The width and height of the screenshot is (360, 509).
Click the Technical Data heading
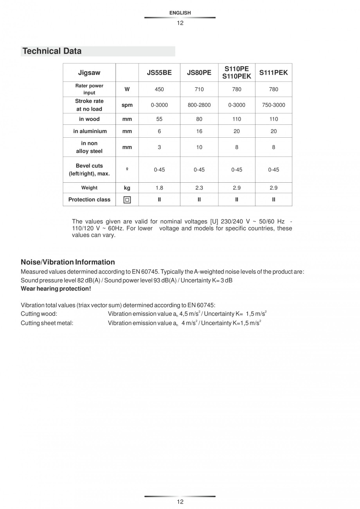point(52,51)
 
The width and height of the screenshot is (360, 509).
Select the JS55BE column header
point(159,72)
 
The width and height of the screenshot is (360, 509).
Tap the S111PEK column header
point(274,72)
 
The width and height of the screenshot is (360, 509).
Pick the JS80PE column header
point(199,72)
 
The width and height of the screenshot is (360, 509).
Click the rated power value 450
point(159,89)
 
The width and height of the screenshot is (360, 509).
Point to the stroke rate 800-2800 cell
point(199,105)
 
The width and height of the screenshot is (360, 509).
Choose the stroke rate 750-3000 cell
point(274,105)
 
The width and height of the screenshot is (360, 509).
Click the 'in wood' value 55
point(159,119)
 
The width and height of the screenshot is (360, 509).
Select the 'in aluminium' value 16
point(199,131)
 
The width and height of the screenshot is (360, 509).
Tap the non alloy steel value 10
point(199,147)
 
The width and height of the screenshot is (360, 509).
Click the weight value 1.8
point(159,188)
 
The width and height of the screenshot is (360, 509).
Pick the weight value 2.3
point(199,188)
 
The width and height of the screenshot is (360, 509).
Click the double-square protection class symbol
point(127,200)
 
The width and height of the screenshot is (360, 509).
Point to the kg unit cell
point(127,188)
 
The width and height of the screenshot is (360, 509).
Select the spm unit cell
point(127,105)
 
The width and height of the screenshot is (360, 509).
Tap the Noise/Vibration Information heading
point(68,262)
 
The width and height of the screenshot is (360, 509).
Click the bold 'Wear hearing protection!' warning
point(56,289)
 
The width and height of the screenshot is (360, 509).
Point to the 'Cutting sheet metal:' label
point(47,323)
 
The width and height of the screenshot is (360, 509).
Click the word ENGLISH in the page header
point(180,13)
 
